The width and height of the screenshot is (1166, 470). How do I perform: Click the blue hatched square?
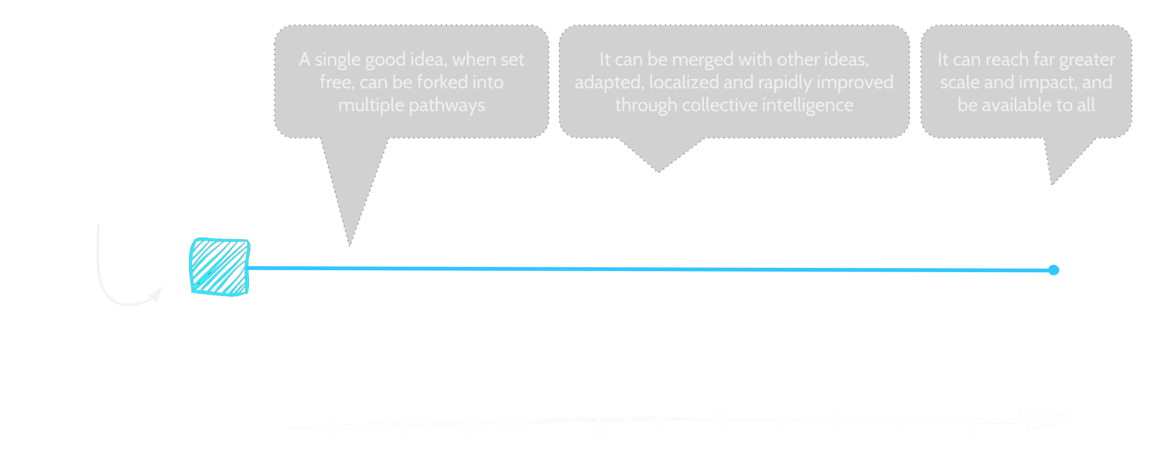(219, 267)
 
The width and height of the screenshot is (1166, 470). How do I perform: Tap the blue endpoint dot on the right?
(1053, 270)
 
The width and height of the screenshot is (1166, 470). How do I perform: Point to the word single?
(337, 60)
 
